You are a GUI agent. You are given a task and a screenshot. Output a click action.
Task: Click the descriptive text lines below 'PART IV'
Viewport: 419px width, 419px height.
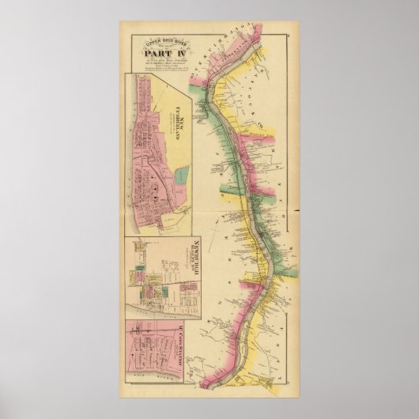click(x=166, y=66)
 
